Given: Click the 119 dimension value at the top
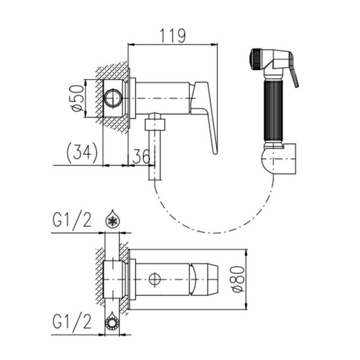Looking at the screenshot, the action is click(173, 36).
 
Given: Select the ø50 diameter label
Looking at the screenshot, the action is click(77, 98).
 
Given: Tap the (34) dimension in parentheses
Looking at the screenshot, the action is click(82, 152).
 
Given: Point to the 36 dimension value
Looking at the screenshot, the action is click(142, 157).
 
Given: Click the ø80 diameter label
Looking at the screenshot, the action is click(238, 280).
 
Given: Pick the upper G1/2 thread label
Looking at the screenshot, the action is click(72, 220).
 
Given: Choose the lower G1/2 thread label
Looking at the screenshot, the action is click(72, 321).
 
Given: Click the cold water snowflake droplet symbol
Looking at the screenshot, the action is click(113, 218).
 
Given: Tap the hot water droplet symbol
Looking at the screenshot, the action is click(113, 321).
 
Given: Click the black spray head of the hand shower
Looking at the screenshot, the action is click(256, 58).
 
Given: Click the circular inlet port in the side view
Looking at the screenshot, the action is click(112, 98).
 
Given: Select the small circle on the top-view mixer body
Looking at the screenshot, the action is click(155, 280).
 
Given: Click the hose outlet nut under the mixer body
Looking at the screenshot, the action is click(155, 124).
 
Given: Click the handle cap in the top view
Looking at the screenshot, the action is click(204, 280).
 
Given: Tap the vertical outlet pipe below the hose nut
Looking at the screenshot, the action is click(155, 155).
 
